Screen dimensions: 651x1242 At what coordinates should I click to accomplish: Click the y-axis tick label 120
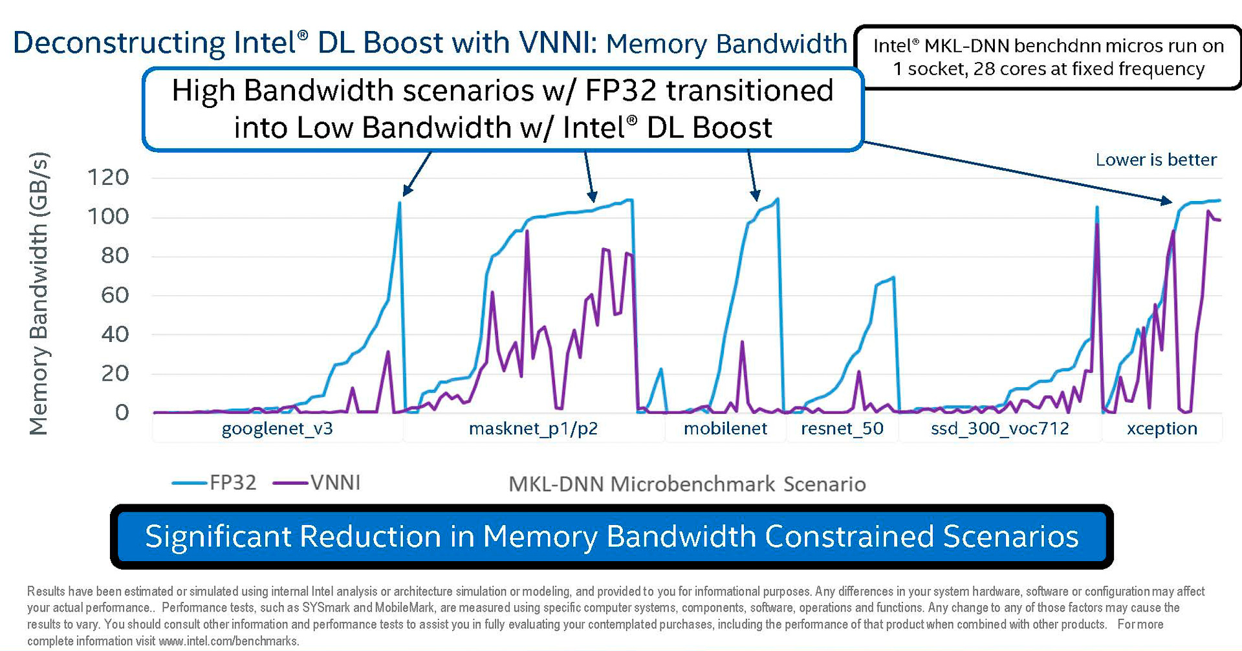pyautogui.click(x=108, y=177)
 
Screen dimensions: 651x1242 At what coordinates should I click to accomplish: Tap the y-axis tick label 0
pyautogui.click(x=122, y=412)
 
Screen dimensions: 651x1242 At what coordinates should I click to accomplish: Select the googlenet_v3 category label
pyautogui.click(x=277, y=429)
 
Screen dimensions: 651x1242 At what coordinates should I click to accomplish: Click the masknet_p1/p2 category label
pyautogui.click(x=533, y=429)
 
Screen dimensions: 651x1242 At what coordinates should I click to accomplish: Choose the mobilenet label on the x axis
pyautogui.click(x=725, y=429)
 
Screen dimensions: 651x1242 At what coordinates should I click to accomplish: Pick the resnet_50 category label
pyautogui.click(x=842, y=429)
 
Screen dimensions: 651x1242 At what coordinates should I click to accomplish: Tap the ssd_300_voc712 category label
pyautogui.click(x=999, y=429)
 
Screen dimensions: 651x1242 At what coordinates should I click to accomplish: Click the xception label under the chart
pyautogui.click(x=1162, y=429)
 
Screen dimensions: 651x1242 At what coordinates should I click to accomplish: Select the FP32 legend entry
pyautogui.click(x=232, y=483)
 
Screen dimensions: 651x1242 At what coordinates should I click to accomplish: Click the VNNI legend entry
pyautogui.click(x=335, y=483)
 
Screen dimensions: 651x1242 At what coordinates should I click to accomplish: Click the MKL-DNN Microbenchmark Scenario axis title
pyautogui.click(x=687, y=484)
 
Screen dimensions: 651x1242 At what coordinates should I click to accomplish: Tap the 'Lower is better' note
pyautogui.click(x=1156, y=160)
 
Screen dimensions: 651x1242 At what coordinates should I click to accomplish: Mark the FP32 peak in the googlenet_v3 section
pyautogui.click(x=399, y=203)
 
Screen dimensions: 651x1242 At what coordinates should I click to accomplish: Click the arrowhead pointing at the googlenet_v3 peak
pyautogui.click(x=406, y=191)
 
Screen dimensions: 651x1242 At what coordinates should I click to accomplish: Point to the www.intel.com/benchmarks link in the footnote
pyautogui.click(x=228, y=641)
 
